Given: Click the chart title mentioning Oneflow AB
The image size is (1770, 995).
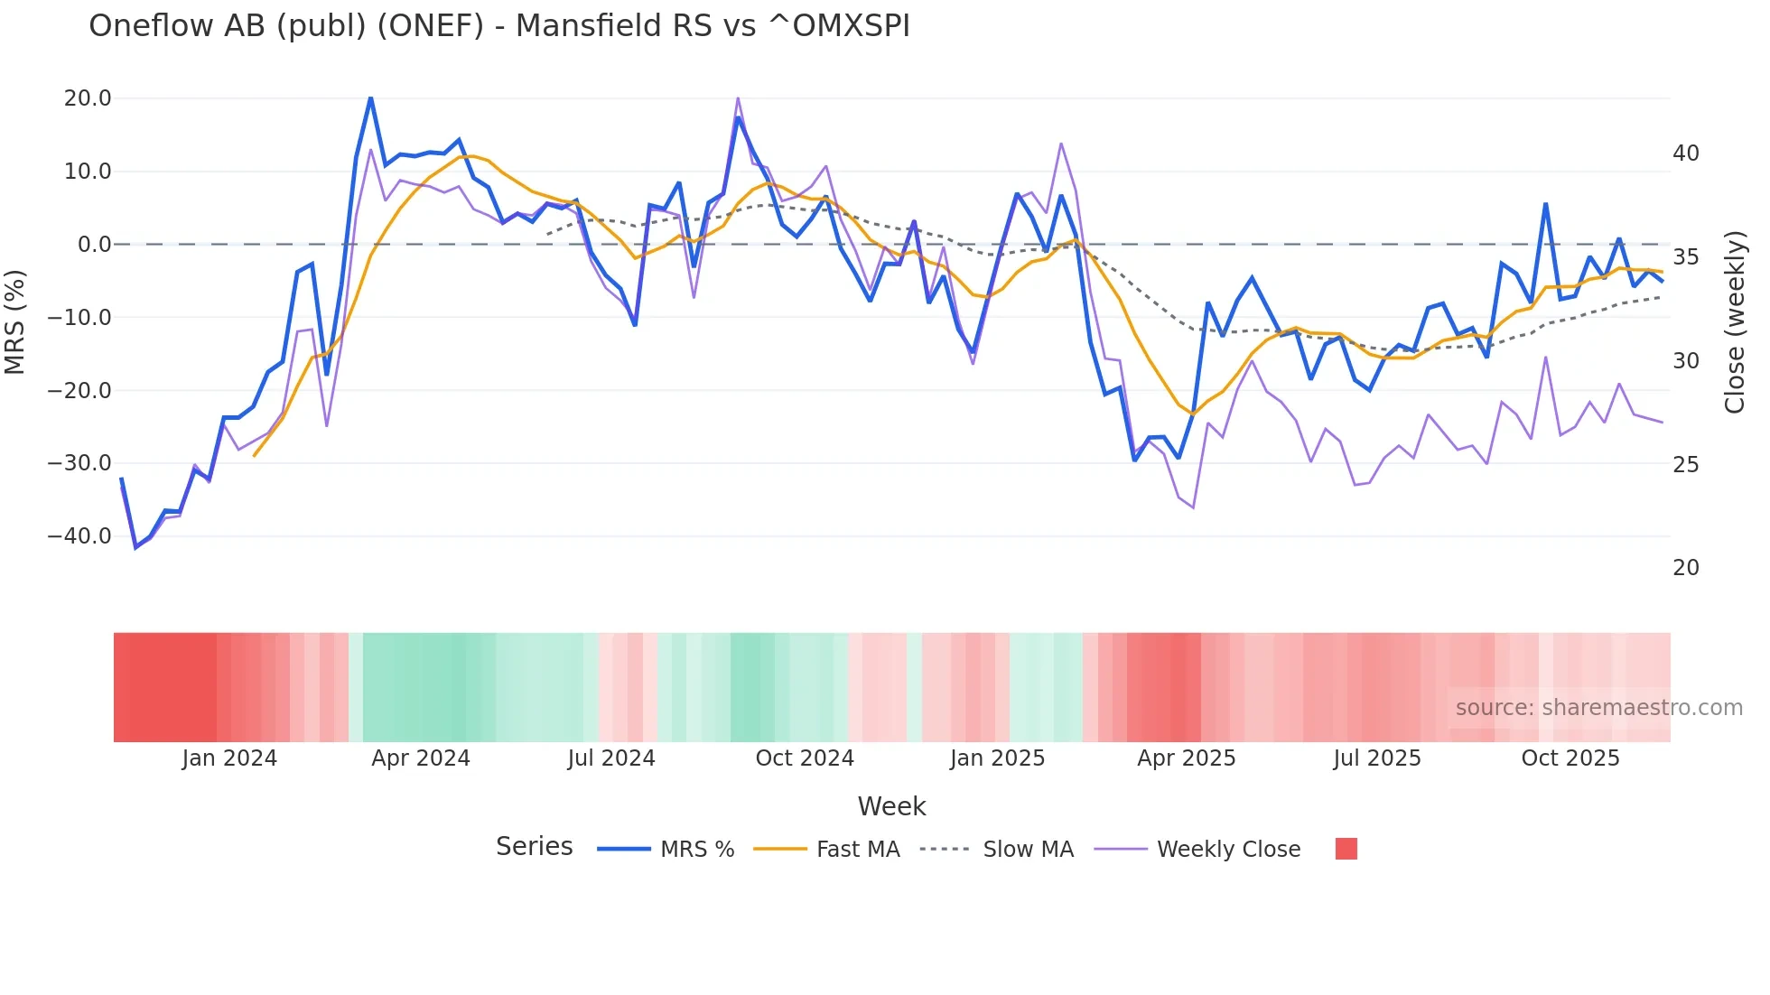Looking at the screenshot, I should click(498, 26).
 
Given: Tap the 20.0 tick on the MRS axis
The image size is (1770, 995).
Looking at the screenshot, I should click(88, 98).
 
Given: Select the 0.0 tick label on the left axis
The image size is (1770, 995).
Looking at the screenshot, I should click(94, 245).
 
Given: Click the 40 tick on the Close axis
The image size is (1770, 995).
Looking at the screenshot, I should click(1685, 153).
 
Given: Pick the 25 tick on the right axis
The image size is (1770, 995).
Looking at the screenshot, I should click(1685, 465).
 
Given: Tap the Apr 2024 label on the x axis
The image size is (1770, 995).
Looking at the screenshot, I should click(421, 758).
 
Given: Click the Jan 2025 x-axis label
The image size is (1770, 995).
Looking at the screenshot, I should click(997, 758).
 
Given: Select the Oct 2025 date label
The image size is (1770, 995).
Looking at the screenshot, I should click(1570, 758).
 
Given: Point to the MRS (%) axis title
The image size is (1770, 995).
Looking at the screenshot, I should click(15, 321).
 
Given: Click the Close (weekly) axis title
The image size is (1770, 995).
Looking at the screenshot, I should click(1735, 321).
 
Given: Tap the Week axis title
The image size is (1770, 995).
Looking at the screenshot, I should click(891, 806).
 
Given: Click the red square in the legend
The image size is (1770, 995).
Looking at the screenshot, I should click(1346, 849).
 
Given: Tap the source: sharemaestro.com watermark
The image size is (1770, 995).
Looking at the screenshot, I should click(1598, 708).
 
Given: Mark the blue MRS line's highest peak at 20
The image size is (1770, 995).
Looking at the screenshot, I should click(370, 98).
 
